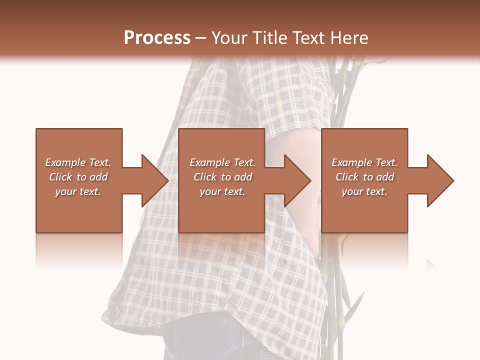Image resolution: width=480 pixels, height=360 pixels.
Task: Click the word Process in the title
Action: [157, 38]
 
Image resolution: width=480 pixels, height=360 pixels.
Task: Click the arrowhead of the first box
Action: [154, 180]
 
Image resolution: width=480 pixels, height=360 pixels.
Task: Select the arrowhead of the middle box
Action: [297, 180]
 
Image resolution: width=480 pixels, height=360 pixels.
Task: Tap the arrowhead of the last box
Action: [439, 180]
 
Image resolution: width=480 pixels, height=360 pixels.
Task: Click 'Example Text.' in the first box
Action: [78, 162]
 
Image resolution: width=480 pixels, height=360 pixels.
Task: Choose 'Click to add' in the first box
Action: [78, 177]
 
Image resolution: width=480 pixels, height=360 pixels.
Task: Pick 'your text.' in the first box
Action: [78, 191]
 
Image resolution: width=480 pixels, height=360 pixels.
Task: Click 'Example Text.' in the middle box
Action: [222, 162]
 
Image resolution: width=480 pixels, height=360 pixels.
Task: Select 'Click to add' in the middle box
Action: [222, 177]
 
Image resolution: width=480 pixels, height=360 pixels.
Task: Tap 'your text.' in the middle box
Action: [222, 191]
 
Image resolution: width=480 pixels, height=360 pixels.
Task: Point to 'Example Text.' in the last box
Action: [364, 162]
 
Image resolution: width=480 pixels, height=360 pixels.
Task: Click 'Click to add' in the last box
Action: [364, 177]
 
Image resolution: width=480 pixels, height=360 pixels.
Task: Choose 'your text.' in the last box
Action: [364, 191]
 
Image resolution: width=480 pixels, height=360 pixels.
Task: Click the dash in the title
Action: [201, 38]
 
